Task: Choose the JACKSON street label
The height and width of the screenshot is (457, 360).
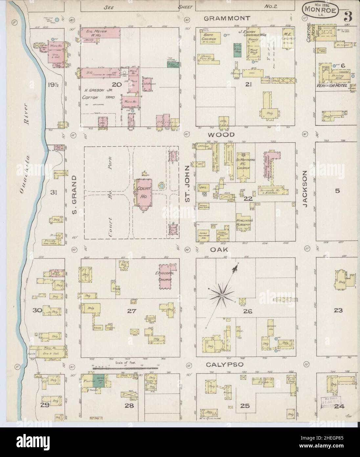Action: coord(304,189)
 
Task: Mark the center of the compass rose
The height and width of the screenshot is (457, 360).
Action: coord(222,296)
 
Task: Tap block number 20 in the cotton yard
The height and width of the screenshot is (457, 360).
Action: coord(117,84)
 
